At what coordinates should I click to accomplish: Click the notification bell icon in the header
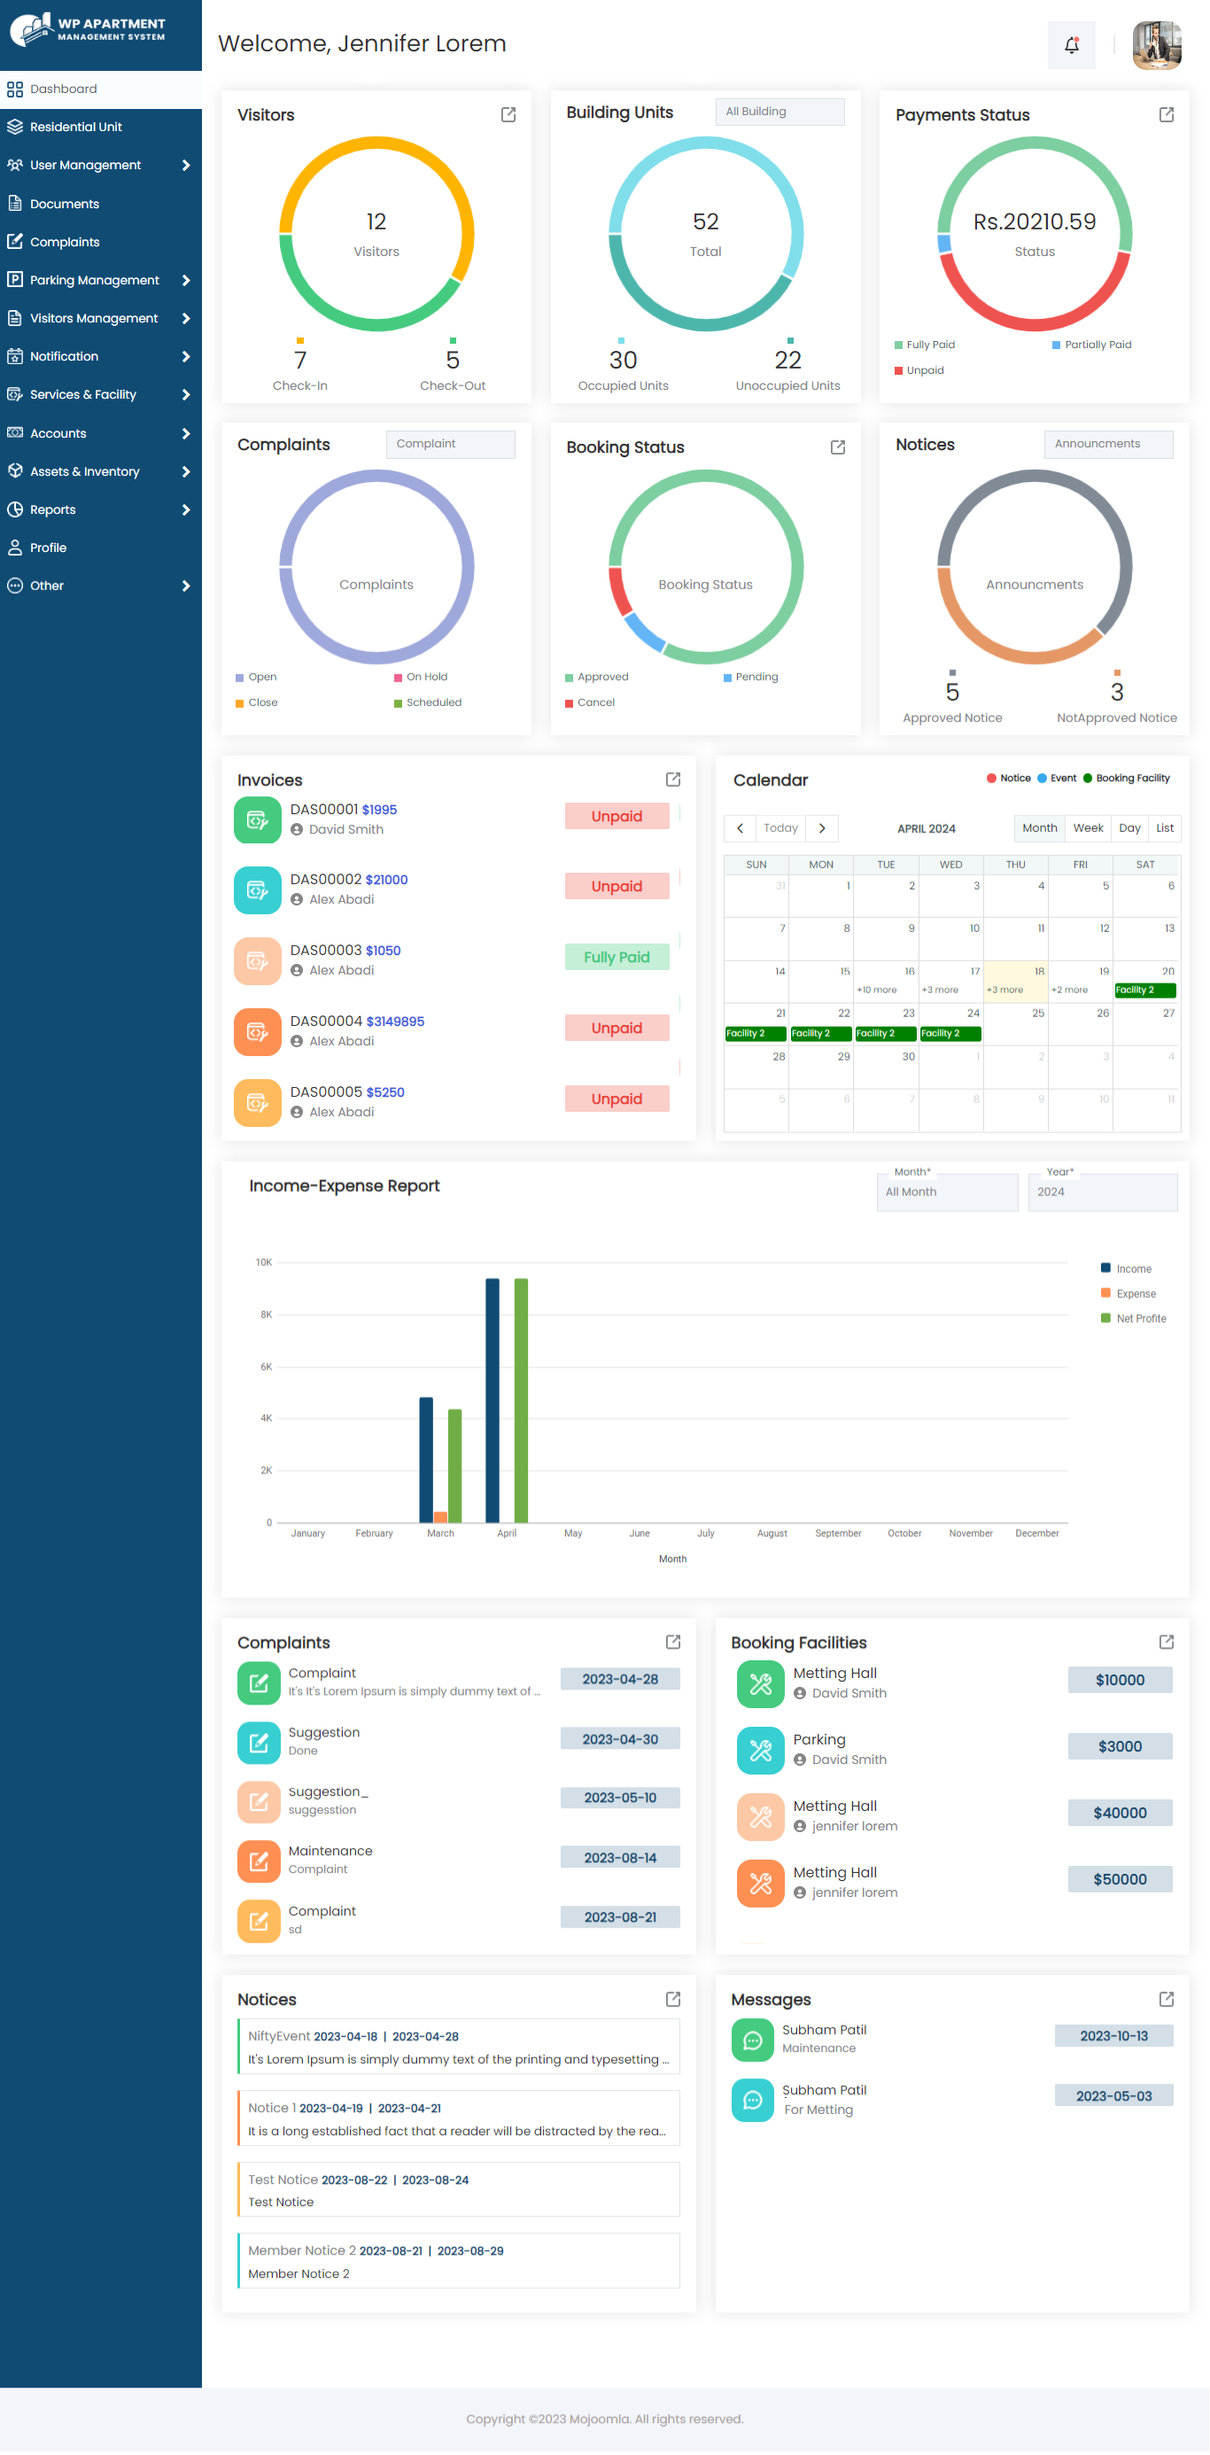coord(1071,45)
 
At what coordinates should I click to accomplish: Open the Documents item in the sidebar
coord(64,204)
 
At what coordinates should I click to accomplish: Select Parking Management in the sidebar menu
coord(94,280)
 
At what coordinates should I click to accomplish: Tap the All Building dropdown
coord(780,112)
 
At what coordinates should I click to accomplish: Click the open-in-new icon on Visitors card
coord(508,114)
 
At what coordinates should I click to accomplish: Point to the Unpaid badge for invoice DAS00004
coord(617,1028)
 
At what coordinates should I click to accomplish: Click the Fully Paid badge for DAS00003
coord(617,957)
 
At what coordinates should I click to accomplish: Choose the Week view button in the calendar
coord(1088,828)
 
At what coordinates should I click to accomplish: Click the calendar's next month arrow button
coord(822,828)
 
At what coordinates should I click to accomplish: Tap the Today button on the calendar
coord(780,828)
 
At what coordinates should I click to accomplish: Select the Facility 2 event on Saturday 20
coord(1145,991)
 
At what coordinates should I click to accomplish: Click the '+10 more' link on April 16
coord(877,991)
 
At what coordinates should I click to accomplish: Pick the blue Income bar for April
coord(493,1400)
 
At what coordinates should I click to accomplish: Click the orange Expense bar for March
coord(440,1516)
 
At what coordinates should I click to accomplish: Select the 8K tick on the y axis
coord(266,1314)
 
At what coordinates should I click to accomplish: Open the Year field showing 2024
coord(1102,1192)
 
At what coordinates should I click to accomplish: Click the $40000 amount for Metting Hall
coord(1120,1813)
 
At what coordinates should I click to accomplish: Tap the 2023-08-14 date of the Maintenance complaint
coord(620,1858)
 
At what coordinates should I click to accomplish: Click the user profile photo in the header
coord(1157,45)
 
